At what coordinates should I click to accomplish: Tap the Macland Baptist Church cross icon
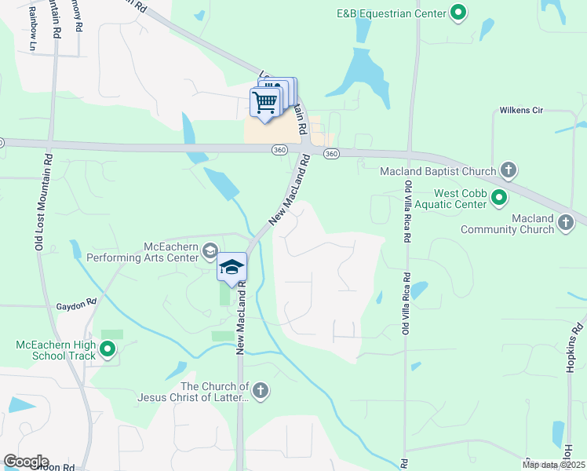[x=509, y=170]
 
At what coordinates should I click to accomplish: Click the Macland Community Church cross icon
[x=565, y=224]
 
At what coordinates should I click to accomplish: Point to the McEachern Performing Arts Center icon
[x=210, y=251]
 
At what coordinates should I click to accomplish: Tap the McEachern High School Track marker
[x=108, y=350]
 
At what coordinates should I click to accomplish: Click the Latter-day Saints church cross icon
[x=261, y=390]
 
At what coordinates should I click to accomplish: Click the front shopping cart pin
[x=265, y=102]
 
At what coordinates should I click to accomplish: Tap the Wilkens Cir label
[x=521, y=111]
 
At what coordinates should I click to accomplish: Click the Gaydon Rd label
[x=75, y=302]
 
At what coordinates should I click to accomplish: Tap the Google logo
[x=26, y=462]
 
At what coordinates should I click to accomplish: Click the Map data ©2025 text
[x=552, y=465]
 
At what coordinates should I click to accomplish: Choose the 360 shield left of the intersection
[x=279, y=149]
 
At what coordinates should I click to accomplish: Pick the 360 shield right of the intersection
[x=331, y=154]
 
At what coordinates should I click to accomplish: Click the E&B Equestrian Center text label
[x=391, y=13]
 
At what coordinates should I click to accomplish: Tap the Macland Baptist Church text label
[x=438, y=171]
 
